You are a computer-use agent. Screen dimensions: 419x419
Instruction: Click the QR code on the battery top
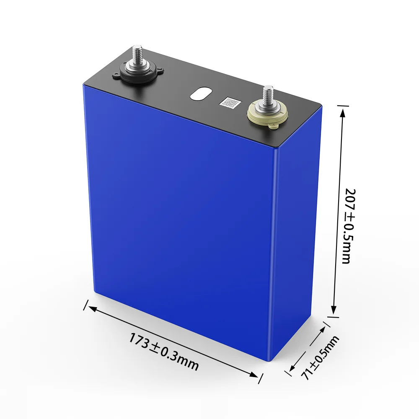coord(229,103)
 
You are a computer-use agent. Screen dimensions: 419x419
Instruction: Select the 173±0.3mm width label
coord(163,352)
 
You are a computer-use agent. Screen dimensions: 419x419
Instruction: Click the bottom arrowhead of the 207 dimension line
coord(334,310)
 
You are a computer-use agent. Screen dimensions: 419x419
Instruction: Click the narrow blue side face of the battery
coord(297,235)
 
